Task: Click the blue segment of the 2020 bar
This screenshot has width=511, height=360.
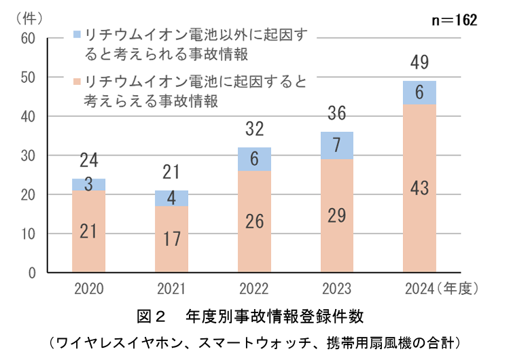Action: pyautogui.click(x=88, y=185)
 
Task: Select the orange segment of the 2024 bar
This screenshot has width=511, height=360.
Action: pyautogui.click(x=419, y=188)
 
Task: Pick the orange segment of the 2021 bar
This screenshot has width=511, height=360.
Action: pyautogui.click(x=171, y=239)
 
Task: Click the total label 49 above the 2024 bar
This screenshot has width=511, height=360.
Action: pyautogui.click(x=419, y=64)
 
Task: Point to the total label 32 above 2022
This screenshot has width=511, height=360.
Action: pyautogui.click(x=254, y=128)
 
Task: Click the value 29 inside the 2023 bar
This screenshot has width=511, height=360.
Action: pyautogui.click(x=336, y=216)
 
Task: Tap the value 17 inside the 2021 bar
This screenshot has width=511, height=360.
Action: pyautogui.click(x=171, y=240)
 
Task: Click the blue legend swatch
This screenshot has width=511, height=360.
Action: pyautogui.click(x=77, y=33)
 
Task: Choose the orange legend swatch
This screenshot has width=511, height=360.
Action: pyautogui.click(x=77, y=82)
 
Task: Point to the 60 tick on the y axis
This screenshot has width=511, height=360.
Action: pyautogui.click(x=28, y=38)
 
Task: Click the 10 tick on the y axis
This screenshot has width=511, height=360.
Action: pyautogui.click(x=28, y=234)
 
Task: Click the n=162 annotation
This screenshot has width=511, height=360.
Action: pyautogui.click(x=455, y=20)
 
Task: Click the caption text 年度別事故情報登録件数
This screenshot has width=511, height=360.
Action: pyautogui.click(x=279, y=316)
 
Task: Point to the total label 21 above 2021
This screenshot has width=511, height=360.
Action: pyautogui.click(x=171, y=171)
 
